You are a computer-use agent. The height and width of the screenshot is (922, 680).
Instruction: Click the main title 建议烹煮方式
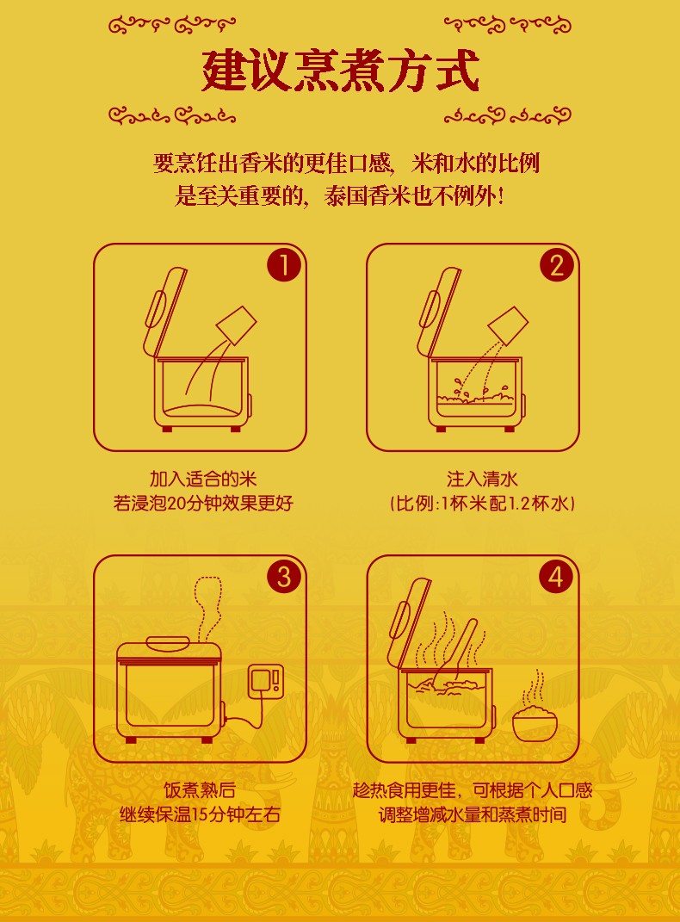[340, 71]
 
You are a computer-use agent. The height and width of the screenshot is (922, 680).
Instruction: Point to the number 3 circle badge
[284, 576]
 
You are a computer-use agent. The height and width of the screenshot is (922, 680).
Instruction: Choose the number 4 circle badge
[556, 576]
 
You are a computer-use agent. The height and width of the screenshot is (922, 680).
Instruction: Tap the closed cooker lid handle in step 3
[168, 640]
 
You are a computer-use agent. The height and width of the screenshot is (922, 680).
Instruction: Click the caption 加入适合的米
[203, 479]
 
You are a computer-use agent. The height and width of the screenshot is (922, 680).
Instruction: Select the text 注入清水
[482, 479]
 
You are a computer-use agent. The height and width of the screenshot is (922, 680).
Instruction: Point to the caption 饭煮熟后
[200, 789]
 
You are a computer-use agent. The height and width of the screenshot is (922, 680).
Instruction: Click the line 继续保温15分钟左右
[200, 814]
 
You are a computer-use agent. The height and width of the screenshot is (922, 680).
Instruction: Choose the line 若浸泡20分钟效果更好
[203, 504]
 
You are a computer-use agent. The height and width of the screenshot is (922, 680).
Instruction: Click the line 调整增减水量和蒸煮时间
[473, 814]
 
